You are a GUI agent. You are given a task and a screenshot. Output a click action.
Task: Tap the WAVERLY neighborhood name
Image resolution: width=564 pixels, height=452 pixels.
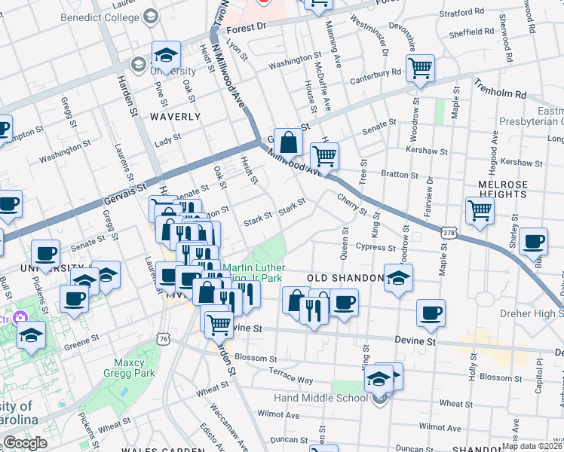(x=175, y=117)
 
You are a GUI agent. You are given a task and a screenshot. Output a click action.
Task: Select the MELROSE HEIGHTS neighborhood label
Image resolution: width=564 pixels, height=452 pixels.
(x=502, y=189)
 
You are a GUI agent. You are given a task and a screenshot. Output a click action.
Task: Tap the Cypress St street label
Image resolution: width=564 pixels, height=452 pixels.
(x=377, y=247)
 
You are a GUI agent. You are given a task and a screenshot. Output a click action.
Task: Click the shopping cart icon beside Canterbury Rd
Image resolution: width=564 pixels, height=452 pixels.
(x=420, y=68)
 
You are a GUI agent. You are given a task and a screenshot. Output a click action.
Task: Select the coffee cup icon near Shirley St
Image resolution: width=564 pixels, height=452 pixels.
(x=533, y=241)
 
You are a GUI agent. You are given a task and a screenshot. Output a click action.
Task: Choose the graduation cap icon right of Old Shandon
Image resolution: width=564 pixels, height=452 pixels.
(x=398, y=277)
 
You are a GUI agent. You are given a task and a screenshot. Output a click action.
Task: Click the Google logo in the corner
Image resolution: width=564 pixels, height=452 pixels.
(x=26, y=443)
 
